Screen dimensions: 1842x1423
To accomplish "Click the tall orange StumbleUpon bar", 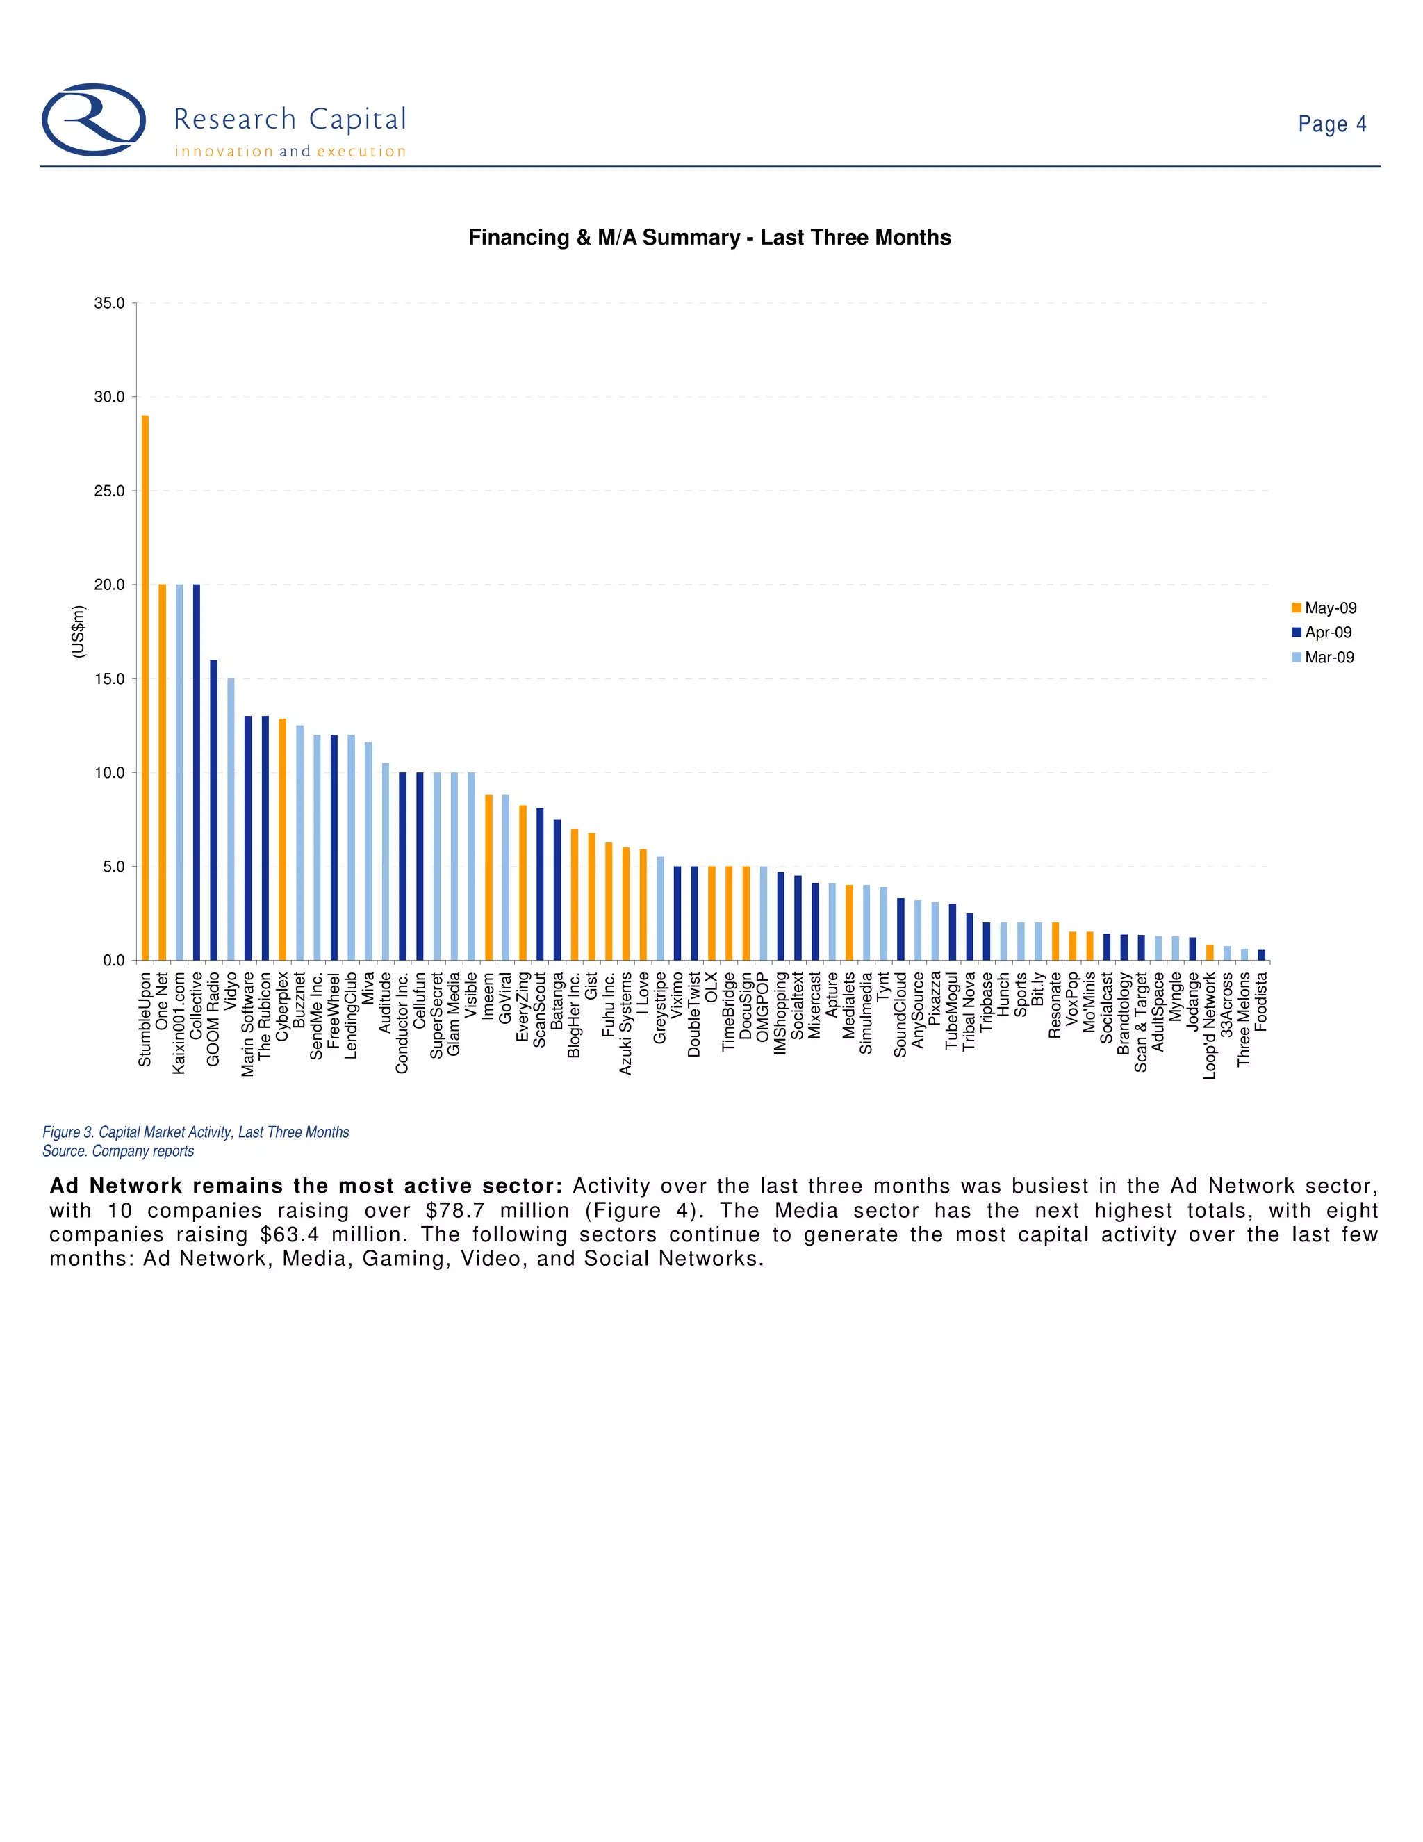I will (145, 687).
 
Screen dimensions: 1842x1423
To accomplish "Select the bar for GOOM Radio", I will (213, 810).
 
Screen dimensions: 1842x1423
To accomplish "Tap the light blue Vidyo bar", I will (231, 819).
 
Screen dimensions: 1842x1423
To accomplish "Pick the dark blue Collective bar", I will (197, 772).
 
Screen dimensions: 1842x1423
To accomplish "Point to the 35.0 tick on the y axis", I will (110, 303).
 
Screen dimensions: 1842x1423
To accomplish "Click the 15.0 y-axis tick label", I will (110, 679).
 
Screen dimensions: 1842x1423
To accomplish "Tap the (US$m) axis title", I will (79, 632).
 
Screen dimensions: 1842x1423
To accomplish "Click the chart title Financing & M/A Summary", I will (709, 238).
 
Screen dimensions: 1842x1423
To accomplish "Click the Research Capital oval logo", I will (94, 120).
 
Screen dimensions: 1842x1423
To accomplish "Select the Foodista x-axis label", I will (1262, 1001).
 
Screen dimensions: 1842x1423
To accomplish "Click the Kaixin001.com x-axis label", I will (179, 1023).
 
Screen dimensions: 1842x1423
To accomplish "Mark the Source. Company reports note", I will (118, 1151).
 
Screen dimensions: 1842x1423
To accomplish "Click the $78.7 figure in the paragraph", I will (455, 1210).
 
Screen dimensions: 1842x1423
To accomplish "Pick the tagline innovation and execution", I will (290, 152).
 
